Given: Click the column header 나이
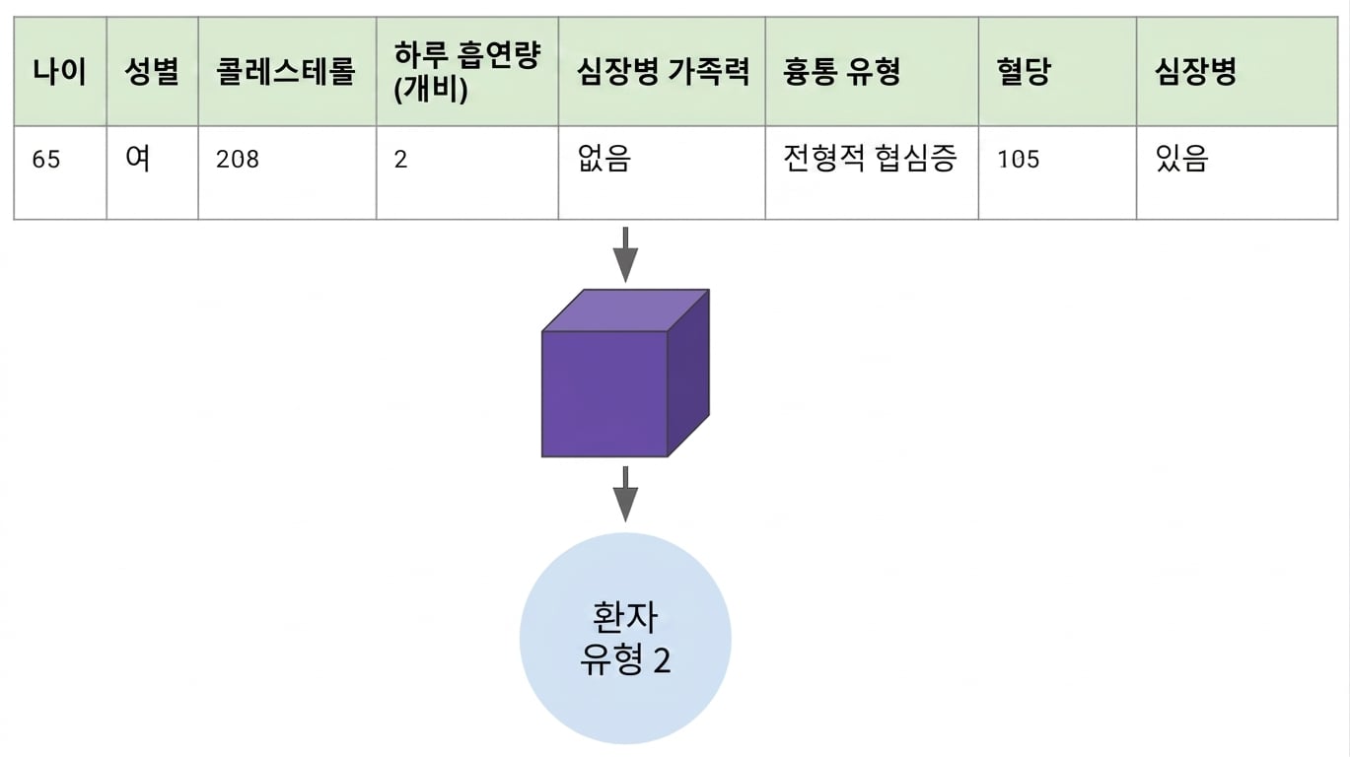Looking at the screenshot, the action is point(60,72).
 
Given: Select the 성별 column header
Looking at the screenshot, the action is point(152,72).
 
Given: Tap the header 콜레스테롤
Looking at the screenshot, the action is point(286,72).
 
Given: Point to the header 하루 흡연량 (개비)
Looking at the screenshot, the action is point(467,72).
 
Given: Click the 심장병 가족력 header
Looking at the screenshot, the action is point(663,72).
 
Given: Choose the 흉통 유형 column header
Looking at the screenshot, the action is point(841,72).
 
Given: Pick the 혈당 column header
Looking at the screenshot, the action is point(1024,72).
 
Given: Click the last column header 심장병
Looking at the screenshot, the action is point(1196,72).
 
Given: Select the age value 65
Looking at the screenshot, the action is point(46,159).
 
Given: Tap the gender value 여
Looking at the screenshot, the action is point(137,158).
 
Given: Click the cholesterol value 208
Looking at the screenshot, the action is point(238,159).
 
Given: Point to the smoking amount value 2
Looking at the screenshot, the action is point(400,159).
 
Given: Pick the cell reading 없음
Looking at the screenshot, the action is point(604,158).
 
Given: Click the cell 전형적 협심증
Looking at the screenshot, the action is point(870,158).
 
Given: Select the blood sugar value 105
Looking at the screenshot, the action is point(1019,159).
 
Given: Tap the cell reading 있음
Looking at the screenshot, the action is point(1181,158).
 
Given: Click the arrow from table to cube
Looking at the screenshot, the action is point(625,254).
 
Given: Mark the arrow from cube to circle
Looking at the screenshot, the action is point(625,494).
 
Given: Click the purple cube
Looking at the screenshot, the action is point(625,373).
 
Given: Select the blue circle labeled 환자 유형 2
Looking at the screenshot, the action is point(625,639).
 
